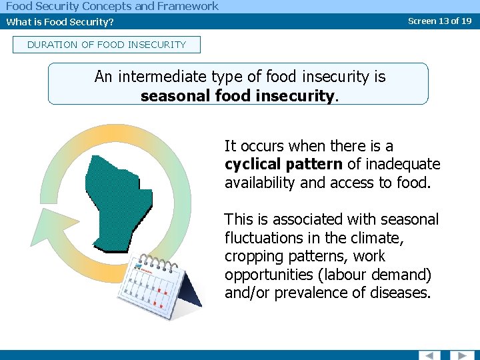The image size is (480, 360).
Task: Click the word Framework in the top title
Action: (187, 6)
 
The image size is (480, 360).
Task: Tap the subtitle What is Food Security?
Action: (60, 21)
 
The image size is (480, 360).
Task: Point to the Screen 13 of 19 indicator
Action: (439, 21)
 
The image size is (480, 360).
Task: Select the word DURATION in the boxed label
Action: (50, 45)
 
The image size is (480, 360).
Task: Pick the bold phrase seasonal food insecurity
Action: (237, 95)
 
